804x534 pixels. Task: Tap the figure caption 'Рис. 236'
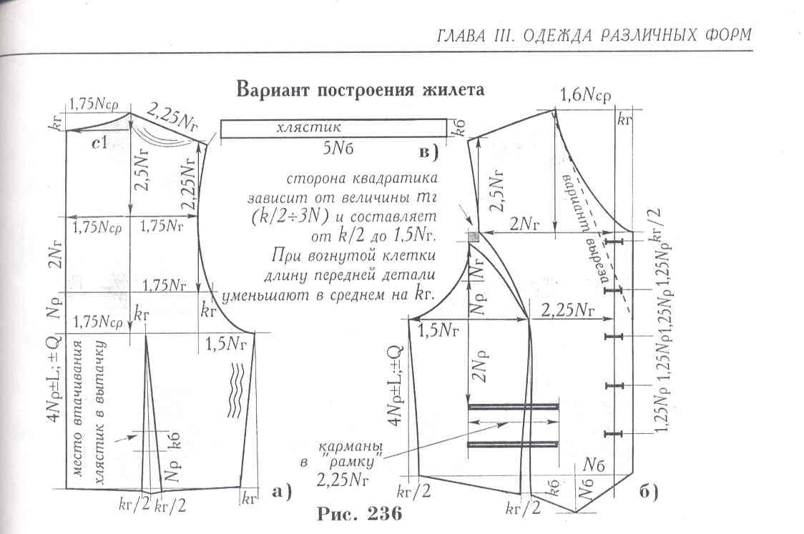[354, 513]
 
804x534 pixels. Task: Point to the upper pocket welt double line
[512, 406]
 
